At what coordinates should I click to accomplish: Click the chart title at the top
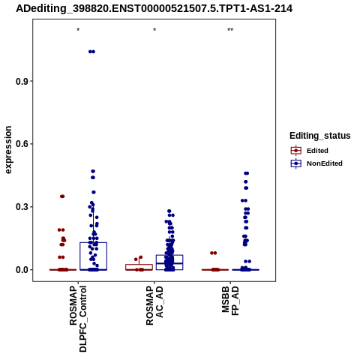click(154, 9)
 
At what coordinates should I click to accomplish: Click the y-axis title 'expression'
click(8, 150)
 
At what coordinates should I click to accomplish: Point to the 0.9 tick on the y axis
click(22, 81)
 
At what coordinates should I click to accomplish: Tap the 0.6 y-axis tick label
click(22, 144)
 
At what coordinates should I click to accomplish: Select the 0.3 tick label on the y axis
click(22, 207)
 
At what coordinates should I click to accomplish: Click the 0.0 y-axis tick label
click(22, 270)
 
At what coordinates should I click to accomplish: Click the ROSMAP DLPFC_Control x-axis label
click(78, 319)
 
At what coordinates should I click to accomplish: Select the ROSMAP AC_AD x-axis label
click(154, 305)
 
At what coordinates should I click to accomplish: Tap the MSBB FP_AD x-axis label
click(230, 301)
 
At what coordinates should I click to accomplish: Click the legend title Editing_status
click(320, 136)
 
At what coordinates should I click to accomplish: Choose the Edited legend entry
click(310, 151)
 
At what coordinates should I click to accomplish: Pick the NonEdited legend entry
click(316, 163)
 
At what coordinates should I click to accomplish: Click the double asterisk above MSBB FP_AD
click(230, 30)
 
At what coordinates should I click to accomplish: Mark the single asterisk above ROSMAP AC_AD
click(154, 30)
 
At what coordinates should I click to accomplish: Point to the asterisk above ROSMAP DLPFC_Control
click(78, 30)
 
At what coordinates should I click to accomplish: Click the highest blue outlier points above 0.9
click(91, 52)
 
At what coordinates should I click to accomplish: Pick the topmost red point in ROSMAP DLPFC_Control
click(62, 196)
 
